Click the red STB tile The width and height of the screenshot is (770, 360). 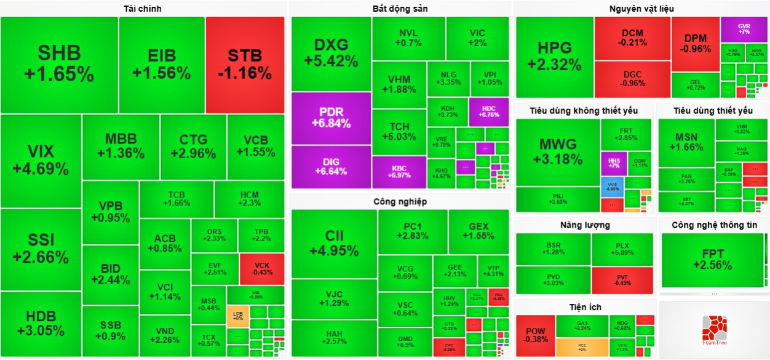(245, 64)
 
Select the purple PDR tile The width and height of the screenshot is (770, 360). (331, 118)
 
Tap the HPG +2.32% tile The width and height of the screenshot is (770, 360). (554, 56)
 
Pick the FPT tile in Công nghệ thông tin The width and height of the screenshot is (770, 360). (712, 259)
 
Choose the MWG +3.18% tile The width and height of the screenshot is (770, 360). (557, 152)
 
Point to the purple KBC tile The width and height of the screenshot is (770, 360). (399, 171)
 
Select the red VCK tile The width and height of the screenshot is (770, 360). (261, 268)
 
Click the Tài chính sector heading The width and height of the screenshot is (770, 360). (143, 9)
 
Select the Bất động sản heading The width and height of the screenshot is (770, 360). (400, 9)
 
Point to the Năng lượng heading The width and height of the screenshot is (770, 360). (584, 225)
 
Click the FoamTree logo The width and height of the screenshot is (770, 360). (714, 329)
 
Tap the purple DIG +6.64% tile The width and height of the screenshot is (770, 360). (331, 166)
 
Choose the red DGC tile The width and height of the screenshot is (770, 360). (632, 78)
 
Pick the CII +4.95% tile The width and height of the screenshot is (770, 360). (334, 243)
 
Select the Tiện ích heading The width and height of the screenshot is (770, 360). (585, 306)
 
